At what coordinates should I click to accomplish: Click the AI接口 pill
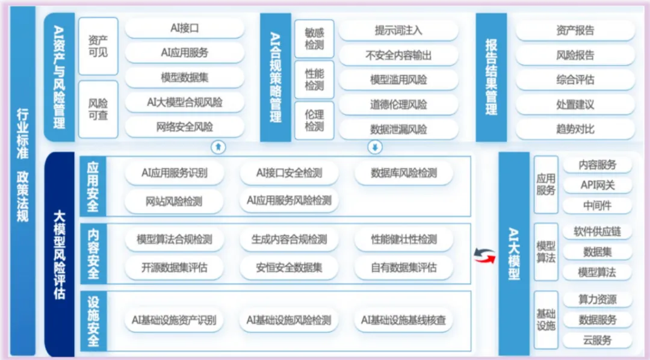pyautogui.click(x=184, y=28)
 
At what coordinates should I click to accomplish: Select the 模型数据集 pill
pyautogui.click(x=184, y=78)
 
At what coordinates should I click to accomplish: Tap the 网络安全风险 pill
pyautogui.click(x=184, y=127)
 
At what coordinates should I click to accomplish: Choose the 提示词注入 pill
pyautogui.click(x=398, y=30)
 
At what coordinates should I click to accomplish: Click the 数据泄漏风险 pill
pyautogui.click(x=398, y=129)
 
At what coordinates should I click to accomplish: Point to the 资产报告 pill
pyautogui.click(x=575, y=31)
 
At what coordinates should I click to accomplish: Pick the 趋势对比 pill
pyautogui.click(x=575, y=129)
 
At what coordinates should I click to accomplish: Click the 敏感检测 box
pyautogui.click(x=314, y=39)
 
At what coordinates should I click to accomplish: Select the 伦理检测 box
pyautogui.click(x=314, y=120)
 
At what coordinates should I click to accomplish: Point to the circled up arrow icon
pyautogui.click(x=218, y=146)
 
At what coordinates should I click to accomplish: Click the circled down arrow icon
pyautogui.click(x=375, y=146)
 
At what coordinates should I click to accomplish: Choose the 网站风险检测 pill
pyautogui.click(x=174, y=200)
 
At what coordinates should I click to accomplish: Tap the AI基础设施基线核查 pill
pyautogui.click(x=403, y=320)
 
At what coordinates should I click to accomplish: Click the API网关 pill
pyautogui.click(x=597, y=185)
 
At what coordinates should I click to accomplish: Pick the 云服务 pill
pyautogui.click(x=597, y=340)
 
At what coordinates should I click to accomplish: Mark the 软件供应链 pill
pyautogui.click(x=597, y=232)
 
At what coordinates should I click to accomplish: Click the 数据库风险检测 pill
pyautogui.click(x=404, y=173)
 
